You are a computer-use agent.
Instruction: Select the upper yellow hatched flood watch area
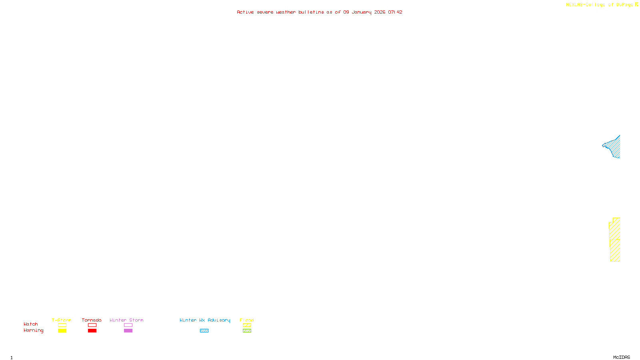pos(615,229)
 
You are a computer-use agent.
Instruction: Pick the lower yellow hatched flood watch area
pos(615,250)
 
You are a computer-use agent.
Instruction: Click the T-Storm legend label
pos(62,320)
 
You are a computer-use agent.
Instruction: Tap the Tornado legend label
pos(92,320)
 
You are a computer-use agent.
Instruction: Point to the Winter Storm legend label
pos(126,320)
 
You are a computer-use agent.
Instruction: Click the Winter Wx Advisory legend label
pos(205,320)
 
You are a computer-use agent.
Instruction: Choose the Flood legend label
pos(247,320)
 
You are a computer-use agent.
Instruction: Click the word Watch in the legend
pos(31,324)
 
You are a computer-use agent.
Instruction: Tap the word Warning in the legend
pos(33,330)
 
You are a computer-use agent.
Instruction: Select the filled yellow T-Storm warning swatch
pos(62,331)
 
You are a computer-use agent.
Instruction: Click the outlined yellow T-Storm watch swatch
pos(62,325)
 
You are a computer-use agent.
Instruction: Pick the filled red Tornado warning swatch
pos(92,331)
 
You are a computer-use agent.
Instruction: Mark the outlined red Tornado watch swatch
pos(92,325)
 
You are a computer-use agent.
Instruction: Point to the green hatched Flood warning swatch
pos(247,331)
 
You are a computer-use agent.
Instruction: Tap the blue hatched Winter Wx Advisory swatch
pos(204,331)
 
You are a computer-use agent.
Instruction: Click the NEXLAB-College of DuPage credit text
pos(600,5)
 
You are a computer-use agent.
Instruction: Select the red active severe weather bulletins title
pos(320,12)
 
